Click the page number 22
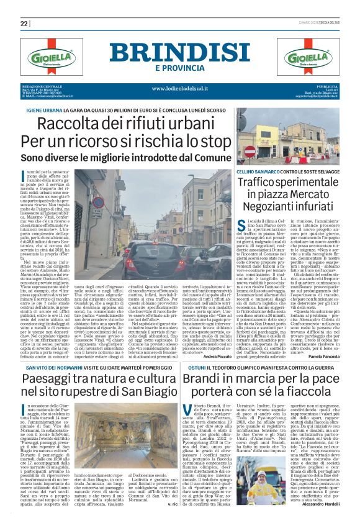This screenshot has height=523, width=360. pos(24,24)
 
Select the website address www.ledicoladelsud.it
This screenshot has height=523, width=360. pos(180,88)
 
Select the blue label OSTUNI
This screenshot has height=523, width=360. pos(197,350)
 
